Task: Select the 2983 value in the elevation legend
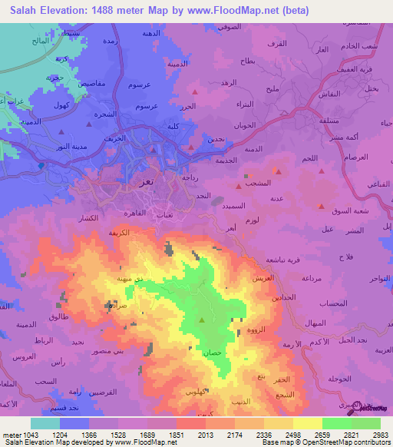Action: point(380,433)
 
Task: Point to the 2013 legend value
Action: point(205,433)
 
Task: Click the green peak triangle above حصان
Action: point(203,320)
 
